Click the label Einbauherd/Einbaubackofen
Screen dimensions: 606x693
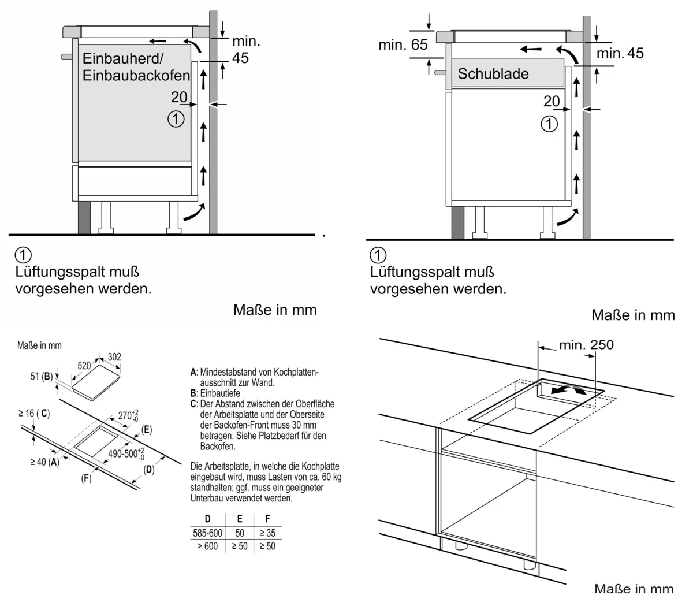(x=136, y=66)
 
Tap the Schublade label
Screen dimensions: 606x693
(x=493, y=74)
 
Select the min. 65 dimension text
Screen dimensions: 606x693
(x=403, y=44)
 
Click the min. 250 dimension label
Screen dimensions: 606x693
(x=586, y=345)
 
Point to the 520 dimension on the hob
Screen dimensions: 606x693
(x=84, y=366)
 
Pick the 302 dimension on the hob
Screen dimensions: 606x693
(x=114, y=357)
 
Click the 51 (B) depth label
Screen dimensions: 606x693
(x=41, y=377)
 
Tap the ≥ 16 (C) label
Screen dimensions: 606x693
(x=34, y=413)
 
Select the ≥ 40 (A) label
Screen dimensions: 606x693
(x=45, y=462)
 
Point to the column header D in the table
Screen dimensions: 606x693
(x=207, y=519)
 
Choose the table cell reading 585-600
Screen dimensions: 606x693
(x=207, y=533)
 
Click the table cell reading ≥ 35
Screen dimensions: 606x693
(x=267, y=533)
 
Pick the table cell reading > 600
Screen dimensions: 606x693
(x=207, y=546)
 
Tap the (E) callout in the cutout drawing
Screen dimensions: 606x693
(x=147, y=429)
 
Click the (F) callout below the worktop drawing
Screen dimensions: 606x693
(x=86, y=479)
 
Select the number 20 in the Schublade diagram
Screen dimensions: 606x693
(x=552, y=101)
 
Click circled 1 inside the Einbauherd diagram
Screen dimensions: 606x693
(x=176, y=120)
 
